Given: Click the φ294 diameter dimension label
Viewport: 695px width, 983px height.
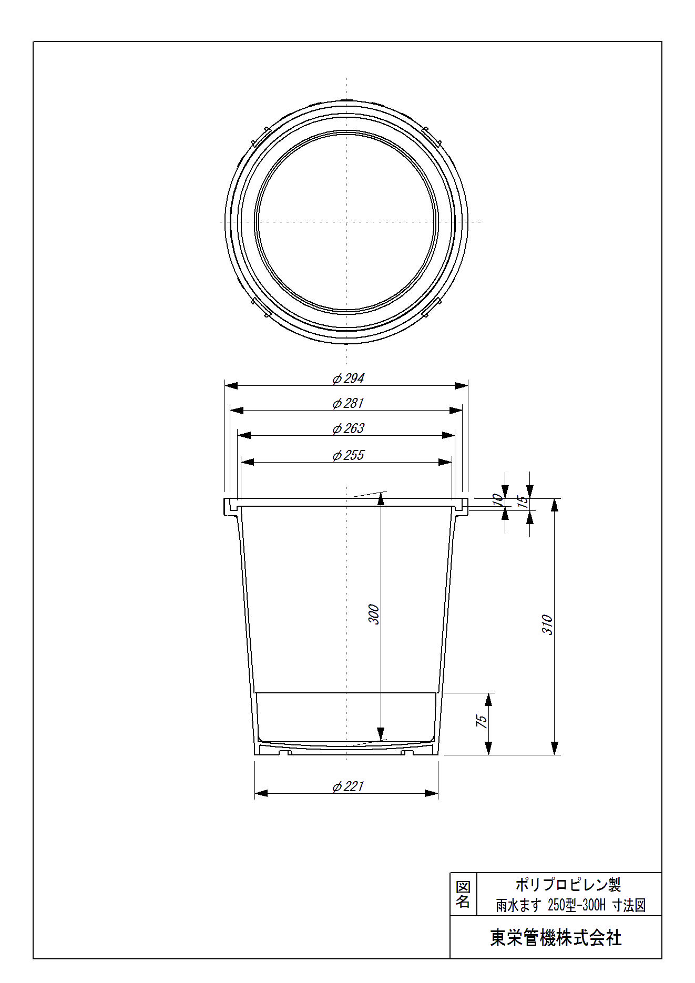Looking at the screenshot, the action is (348, 378).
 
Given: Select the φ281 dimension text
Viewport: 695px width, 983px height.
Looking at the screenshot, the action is (348, 403).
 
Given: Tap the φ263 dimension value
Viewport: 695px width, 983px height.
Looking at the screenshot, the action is (348, 428).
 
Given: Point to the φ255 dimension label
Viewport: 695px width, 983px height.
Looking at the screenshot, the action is (348, 455).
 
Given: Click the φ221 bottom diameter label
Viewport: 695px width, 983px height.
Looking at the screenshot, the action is (348, 786).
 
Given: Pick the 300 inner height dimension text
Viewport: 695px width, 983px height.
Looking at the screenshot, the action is (373, 615).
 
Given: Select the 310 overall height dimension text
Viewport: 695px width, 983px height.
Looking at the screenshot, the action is (547, 624).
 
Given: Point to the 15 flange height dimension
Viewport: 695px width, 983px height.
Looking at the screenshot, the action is (523, 501).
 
